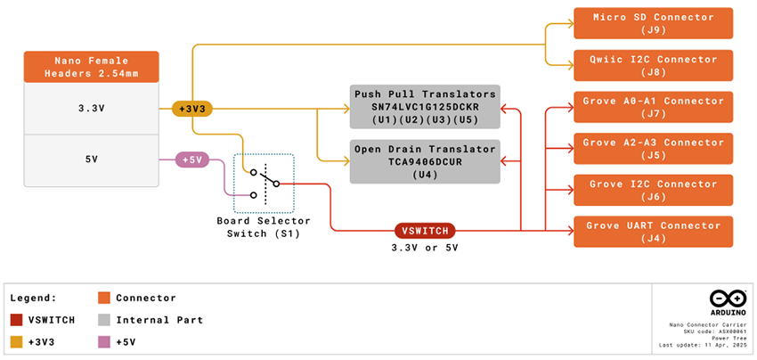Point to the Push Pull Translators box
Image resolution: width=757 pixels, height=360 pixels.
click(x=424, y=107)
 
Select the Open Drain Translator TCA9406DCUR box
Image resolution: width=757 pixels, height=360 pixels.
click(x=424, y=161)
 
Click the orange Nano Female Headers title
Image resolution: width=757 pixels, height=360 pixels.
click(x=92, y=67)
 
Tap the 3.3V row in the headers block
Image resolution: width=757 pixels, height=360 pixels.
click(x=92, y=109)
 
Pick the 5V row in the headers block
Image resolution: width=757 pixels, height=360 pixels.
click(x=92, y=160)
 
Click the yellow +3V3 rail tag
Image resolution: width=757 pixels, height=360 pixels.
click(x=192, y=109)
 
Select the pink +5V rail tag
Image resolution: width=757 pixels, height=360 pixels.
click(x=192, y=160)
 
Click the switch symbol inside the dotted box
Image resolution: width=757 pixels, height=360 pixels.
click(x=264, y=182)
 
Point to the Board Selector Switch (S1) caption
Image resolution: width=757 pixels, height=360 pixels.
click(x=264, y=227)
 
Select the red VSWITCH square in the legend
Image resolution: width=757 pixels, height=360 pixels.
click(x=15, y=320)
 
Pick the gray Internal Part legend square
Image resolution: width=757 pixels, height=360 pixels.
click(x=104, y=320)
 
